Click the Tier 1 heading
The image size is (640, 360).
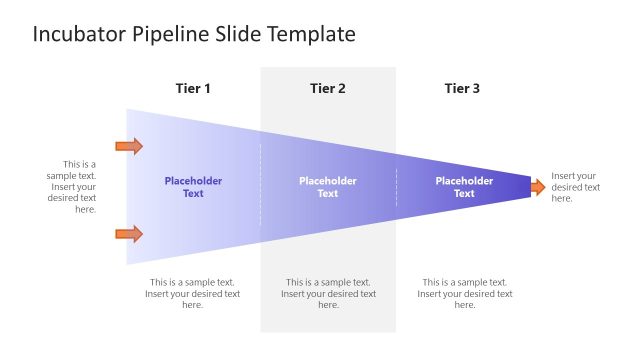[x=193, y=89]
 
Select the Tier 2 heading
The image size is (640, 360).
[x=328, y=89]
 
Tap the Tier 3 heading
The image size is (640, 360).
[x=462, y=89]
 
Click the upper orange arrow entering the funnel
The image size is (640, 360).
[x=129, y=147]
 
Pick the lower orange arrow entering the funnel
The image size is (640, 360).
[x=129, y=234]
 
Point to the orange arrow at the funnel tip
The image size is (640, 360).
[x=537, y=187]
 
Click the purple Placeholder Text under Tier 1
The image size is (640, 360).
[x=193, y=187]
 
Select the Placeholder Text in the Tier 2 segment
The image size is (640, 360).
[x=328, y=187]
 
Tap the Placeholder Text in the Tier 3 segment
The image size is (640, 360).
[x=464, y=187]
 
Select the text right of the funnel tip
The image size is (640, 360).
[x=576, y=187]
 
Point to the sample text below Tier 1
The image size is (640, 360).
[x=193, y=294]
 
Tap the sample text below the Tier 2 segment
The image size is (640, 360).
[x=328, y=294]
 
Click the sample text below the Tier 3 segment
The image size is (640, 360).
[x=464, y=294]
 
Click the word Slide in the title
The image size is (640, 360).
[x=235, y=35]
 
